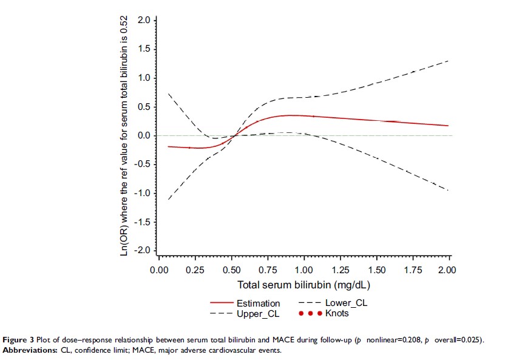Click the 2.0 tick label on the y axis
tap(143, 20)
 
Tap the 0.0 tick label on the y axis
tap(143, 135)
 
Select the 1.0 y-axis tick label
tap(143, 78)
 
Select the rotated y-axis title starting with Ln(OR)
tap(124, 135)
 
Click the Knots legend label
tap(337, 313)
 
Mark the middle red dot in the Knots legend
tap(310, 313)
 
